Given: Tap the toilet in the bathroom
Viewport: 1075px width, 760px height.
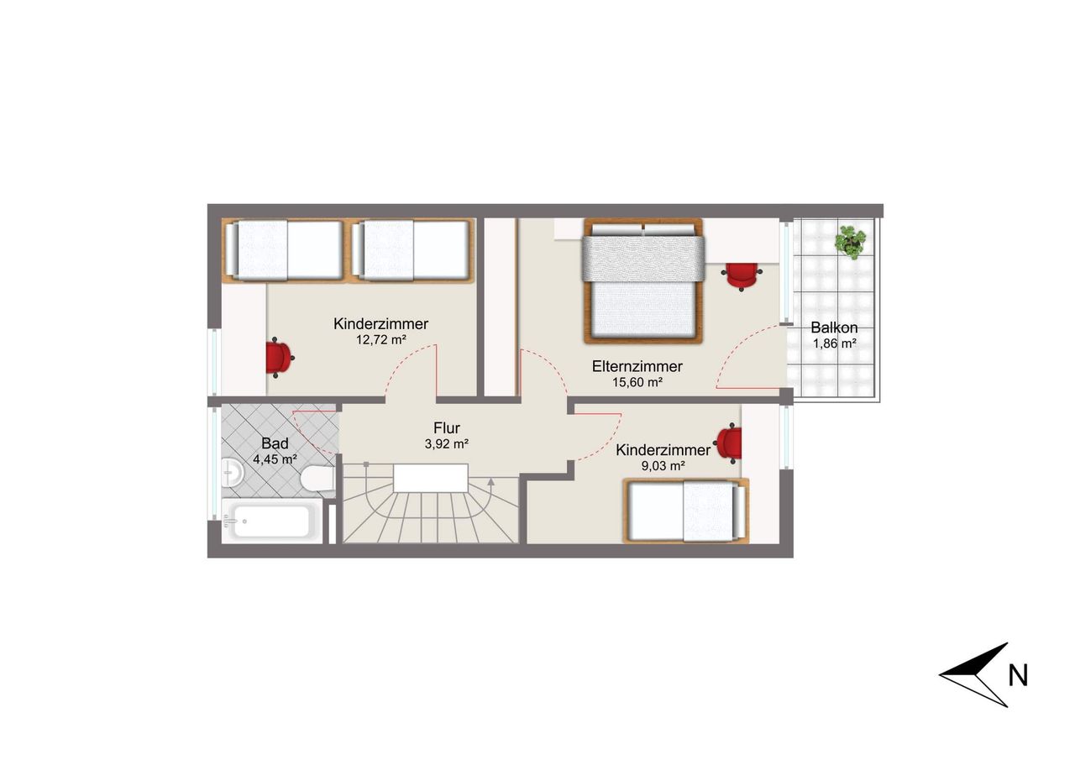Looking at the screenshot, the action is point(317,479).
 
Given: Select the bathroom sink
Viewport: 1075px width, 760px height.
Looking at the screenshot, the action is point(233,472).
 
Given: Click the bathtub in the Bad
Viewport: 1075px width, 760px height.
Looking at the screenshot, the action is point(271,521).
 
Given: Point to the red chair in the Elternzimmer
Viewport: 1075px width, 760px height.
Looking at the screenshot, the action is point(742,277).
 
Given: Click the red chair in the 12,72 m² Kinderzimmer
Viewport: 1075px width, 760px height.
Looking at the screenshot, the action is point(279,358).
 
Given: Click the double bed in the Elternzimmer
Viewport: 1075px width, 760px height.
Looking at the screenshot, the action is point(643,280).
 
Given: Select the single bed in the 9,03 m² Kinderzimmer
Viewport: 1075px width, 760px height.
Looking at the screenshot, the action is point(686,511).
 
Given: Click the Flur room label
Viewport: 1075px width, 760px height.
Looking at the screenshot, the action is point(446,427).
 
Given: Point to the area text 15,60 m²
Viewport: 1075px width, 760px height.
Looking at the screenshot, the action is point(637,382).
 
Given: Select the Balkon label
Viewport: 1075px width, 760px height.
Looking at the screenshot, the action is point(834,328).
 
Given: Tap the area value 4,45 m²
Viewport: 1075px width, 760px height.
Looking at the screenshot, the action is point(275,459).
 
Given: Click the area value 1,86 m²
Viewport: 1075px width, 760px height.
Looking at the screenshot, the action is point(835,343).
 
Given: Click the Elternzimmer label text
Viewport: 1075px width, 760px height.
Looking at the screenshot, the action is point(637,367).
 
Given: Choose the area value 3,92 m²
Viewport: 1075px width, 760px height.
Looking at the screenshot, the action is point(446,443).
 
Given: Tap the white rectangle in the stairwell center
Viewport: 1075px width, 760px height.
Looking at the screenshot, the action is point(431,478).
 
